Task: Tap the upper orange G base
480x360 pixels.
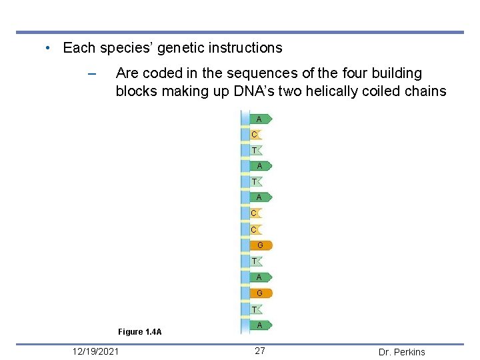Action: tap(261, 245)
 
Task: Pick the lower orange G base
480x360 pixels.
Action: tap(261, 293)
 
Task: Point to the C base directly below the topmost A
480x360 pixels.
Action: tap(255, 135)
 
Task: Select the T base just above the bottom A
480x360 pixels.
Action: tap(255, 309)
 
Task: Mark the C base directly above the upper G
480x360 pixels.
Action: tap(255, 230)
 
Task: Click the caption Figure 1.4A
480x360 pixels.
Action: tap(139, 332)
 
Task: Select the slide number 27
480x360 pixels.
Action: tap(260, 351)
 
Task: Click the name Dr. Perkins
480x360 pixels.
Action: tap(401, 352)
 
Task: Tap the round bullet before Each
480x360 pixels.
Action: tap(48, 49)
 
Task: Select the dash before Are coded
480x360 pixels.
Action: tap(92, 73)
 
